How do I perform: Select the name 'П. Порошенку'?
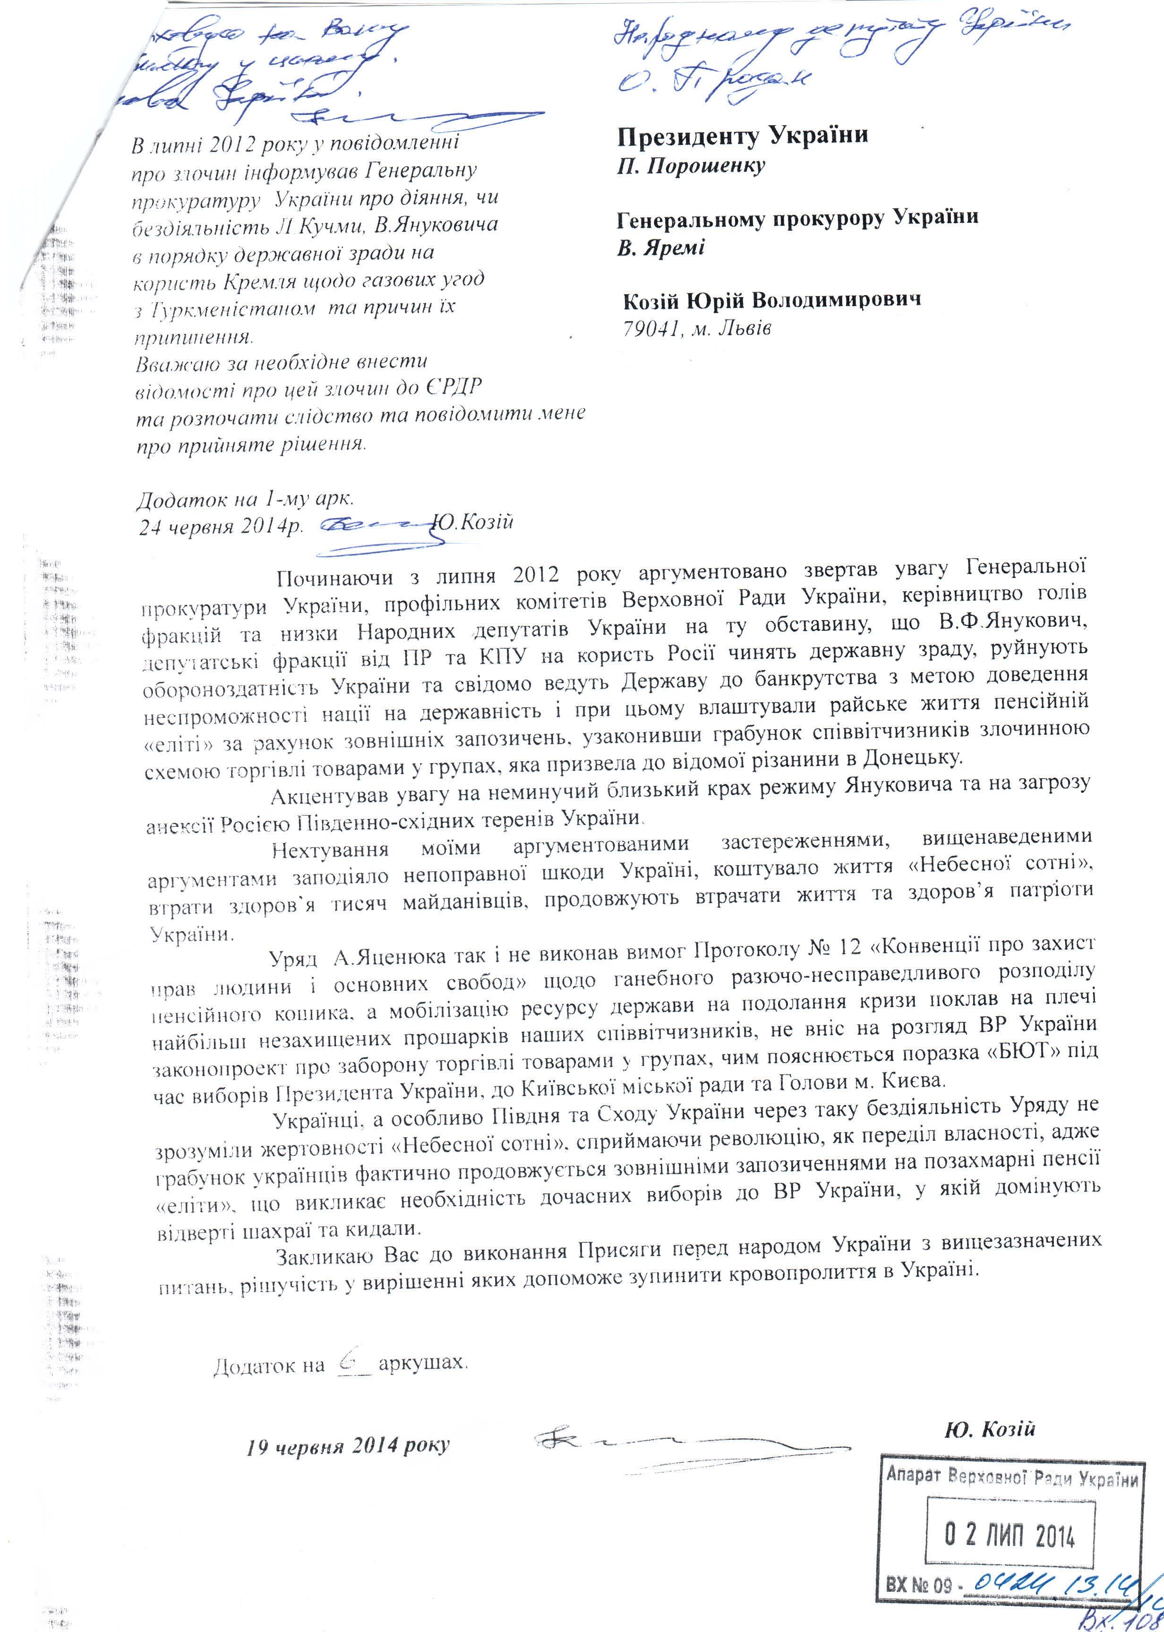[x=692, y=166]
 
